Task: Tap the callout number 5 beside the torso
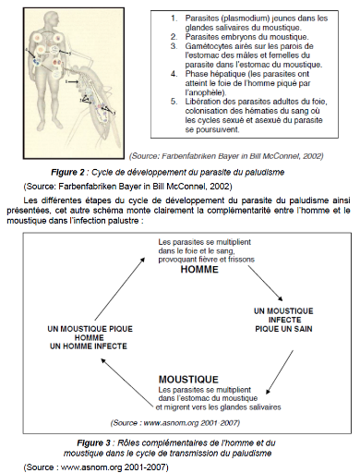pyautogui.click(x=70, y=54)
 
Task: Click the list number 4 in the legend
pyautogui.click(x=174, y=74)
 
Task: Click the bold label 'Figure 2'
pyautogui.click(x=67, y=172)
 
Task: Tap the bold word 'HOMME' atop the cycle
pyautogui.click(x=199, y=270)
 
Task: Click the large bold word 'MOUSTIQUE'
pyautogui.click(x=188, y=380)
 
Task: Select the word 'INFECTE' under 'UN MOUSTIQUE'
pyautogui.click(x=284, y=320)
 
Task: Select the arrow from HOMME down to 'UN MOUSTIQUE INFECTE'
pyautogui.click(x=265, y=284)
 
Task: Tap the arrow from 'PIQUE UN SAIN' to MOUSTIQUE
pyautogui.click(x=280, y=371)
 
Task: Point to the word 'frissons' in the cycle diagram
pyautogui.click(x=242, y=260)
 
